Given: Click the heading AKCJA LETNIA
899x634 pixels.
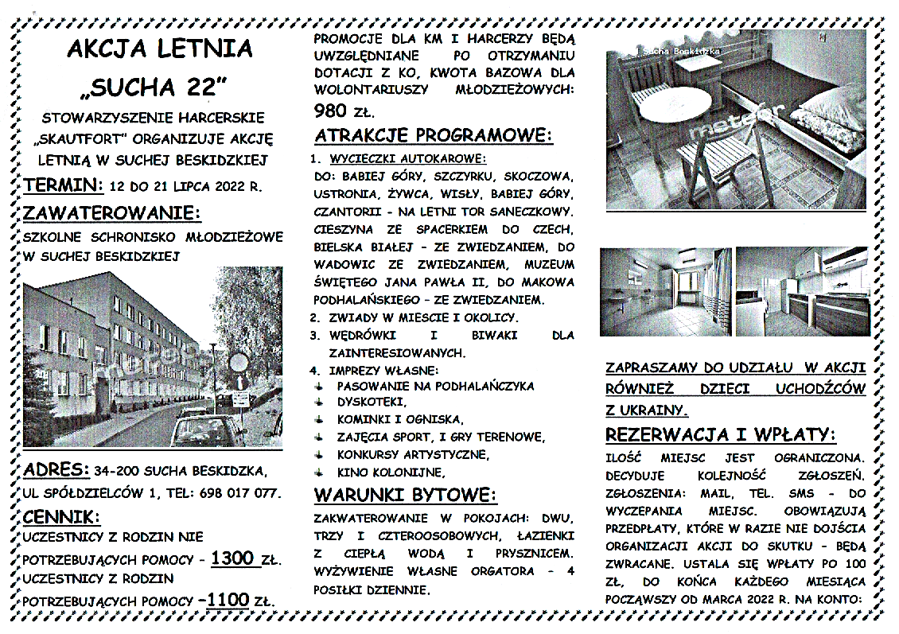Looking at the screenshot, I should [x=159, y=49].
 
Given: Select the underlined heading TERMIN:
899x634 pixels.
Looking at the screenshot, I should [x=64, y=185].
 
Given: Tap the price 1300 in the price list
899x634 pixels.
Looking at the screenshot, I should [x=233, y=558].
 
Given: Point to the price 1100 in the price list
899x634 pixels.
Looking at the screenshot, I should [x=227, y=600].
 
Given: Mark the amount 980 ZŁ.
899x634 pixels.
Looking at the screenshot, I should [x=344, y=110].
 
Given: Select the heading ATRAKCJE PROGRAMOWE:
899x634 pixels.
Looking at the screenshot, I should [x=434, y=135].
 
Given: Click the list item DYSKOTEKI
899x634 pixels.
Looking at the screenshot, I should [x=372, y=402].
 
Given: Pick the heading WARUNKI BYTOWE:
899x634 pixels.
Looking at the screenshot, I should [x=406, y=495].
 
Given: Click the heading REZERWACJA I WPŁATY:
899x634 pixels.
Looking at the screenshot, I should [x=721, y=435].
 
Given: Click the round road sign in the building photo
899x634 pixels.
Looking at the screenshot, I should [x=238, y=363].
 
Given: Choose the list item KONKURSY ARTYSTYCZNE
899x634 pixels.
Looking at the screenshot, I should [x=413, y=454].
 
